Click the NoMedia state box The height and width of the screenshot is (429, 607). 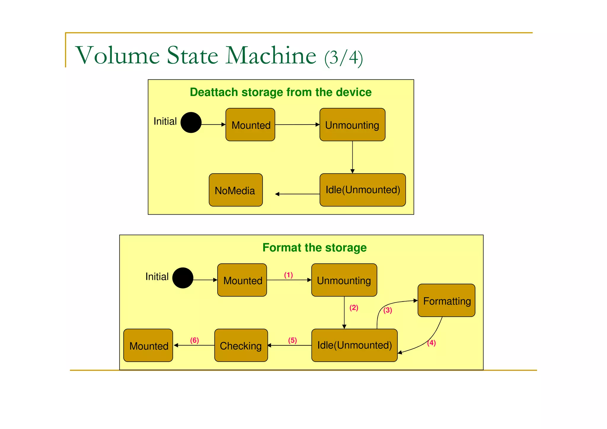pyautogui.click(x=236, y=190)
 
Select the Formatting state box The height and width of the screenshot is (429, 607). pyautogui.click(x=446, y=301)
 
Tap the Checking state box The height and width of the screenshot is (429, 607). pyautogui.click(x=241, y=345)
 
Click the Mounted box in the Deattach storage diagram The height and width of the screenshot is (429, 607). pyautogui.click(x=250, y=125)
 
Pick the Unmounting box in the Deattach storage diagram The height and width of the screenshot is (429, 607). pyautogui.click(x=352, y=125)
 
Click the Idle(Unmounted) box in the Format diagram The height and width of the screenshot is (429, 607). pyautogui.click(x=354, y=345)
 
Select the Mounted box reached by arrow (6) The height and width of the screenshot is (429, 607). pyautogui.click(x=148, y=345)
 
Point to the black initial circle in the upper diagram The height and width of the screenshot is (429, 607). pyautogui.click(x=191, y=122)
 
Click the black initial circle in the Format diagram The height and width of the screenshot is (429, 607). pyautogui.click(x=183, y=278)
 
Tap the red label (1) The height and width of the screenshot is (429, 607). pyautogui.click(x=288, y=275)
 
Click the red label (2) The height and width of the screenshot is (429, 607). pyautogui.click(x=354, y=308)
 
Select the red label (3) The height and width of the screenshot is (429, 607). pyautogui.click(x=388, y=310)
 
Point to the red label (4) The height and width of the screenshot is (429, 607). pyautogui.click(x=432, y=343)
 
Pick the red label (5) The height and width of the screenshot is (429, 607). pyautogui.click(x=293, y=340)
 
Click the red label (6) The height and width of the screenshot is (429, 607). pyautogui.click(x=194, y=340)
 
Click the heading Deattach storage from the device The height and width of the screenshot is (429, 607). pyautogui.click(x=280, y=92)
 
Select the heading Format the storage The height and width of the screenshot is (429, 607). pyautogui.click(x=314, y=248)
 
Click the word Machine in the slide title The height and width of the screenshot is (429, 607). pyautogui.click(x=271, y=55)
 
